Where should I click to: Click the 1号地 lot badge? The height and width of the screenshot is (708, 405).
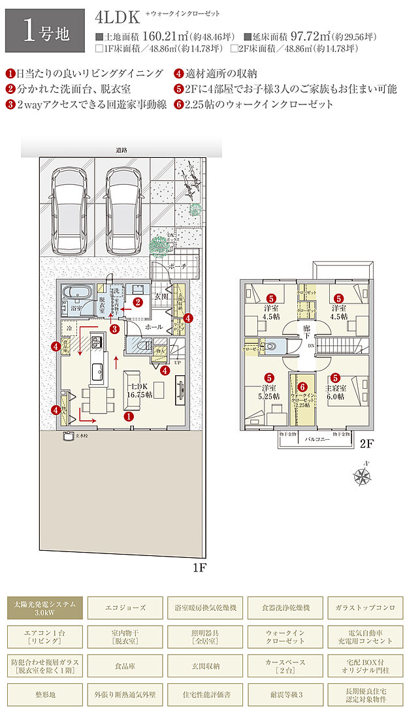pyautogui.click(x=44, y=31)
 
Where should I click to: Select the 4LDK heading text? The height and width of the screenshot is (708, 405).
pyautogui.click(x=113, y=18)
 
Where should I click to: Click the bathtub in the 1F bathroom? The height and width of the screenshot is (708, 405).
pyautogui.click(x=74, y=291)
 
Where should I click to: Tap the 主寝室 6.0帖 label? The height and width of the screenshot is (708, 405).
pyautogui.click(x=335, y=392)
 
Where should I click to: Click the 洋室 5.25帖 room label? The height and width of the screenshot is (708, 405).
pyautogui.click(x=268, y=392)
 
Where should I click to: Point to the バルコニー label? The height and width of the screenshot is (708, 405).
pyautogui.click(x=317, y=440)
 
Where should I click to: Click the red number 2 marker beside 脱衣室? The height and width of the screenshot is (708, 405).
pyautogui.click(x=138, y=302)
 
